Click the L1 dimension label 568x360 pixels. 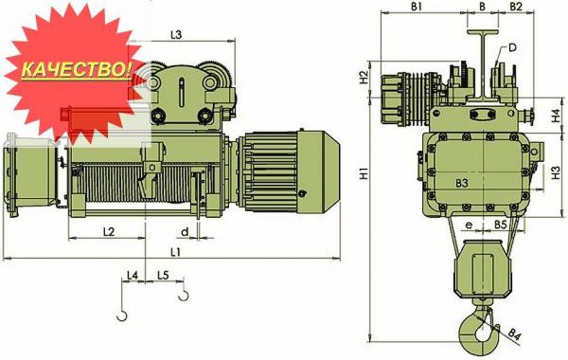point(175,252)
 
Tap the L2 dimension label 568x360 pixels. point(109,232)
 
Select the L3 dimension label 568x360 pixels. point(176,35)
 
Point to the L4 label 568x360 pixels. point(133,276)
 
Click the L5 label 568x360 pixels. point(163,276)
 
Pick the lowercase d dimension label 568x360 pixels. point(186,231)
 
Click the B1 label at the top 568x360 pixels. point(417,7)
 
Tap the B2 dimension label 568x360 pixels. point(516,7)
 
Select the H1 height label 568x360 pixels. point(364,173)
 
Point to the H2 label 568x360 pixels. point(364,78)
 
